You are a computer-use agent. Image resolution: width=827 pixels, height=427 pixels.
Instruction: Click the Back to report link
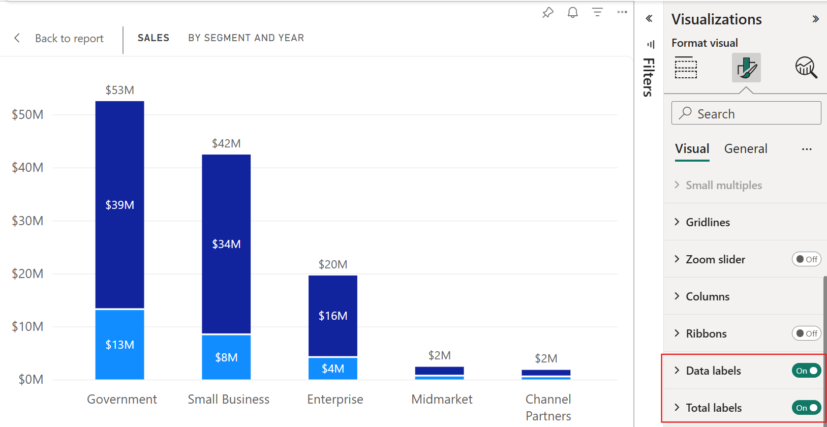69,39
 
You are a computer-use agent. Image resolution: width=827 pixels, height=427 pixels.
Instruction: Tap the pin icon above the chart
547,13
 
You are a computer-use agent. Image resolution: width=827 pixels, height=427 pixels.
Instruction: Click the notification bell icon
573,13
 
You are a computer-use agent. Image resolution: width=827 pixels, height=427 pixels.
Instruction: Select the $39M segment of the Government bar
119,205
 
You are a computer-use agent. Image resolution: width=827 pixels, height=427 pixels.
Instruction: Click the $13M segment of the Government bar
119,345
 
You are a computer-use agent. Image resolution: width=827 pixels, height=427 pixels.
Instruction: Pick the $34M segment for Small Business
226,244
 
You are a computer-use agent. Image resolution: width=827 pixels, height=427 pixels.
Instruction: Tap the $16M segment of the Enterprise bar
333,316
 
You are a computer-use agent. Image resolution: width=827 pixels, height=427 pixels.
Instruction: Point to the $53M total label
119,90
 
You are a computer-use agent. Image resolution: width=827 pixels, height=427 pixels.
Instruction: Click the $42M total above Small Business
226,143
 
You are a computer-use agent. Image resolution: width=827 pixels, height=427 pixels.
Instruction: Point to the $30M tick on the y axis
27,221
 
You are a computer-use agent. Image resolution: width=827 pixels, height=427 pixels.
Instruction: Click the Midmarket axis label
442,400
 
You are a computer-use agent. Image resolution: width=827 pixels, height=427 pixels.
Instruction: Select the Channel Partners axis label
548,407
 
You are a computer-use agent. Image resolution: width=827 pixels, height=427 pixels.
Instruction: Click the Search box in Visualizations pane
746,113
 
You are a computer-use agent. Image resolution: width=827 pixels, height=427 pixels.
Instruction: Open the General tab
746,148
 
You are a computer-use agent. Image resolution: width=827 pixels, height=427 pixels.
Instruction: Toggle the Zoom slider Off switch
806,259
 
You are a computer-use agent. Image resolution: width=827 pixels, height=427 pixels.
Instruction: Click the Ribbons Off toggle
806,333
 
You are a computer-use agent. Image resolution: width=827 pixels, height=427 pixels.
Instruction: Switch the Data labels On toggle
806,371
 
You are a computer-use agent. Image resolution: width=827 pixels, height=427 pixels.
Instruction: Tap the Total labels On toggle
806,408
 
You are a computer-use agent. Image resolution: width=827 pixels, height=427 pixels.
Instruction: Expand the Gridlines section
708,222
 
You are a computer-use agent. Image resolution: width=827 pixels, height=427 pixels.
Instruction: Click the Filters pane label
649,77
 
